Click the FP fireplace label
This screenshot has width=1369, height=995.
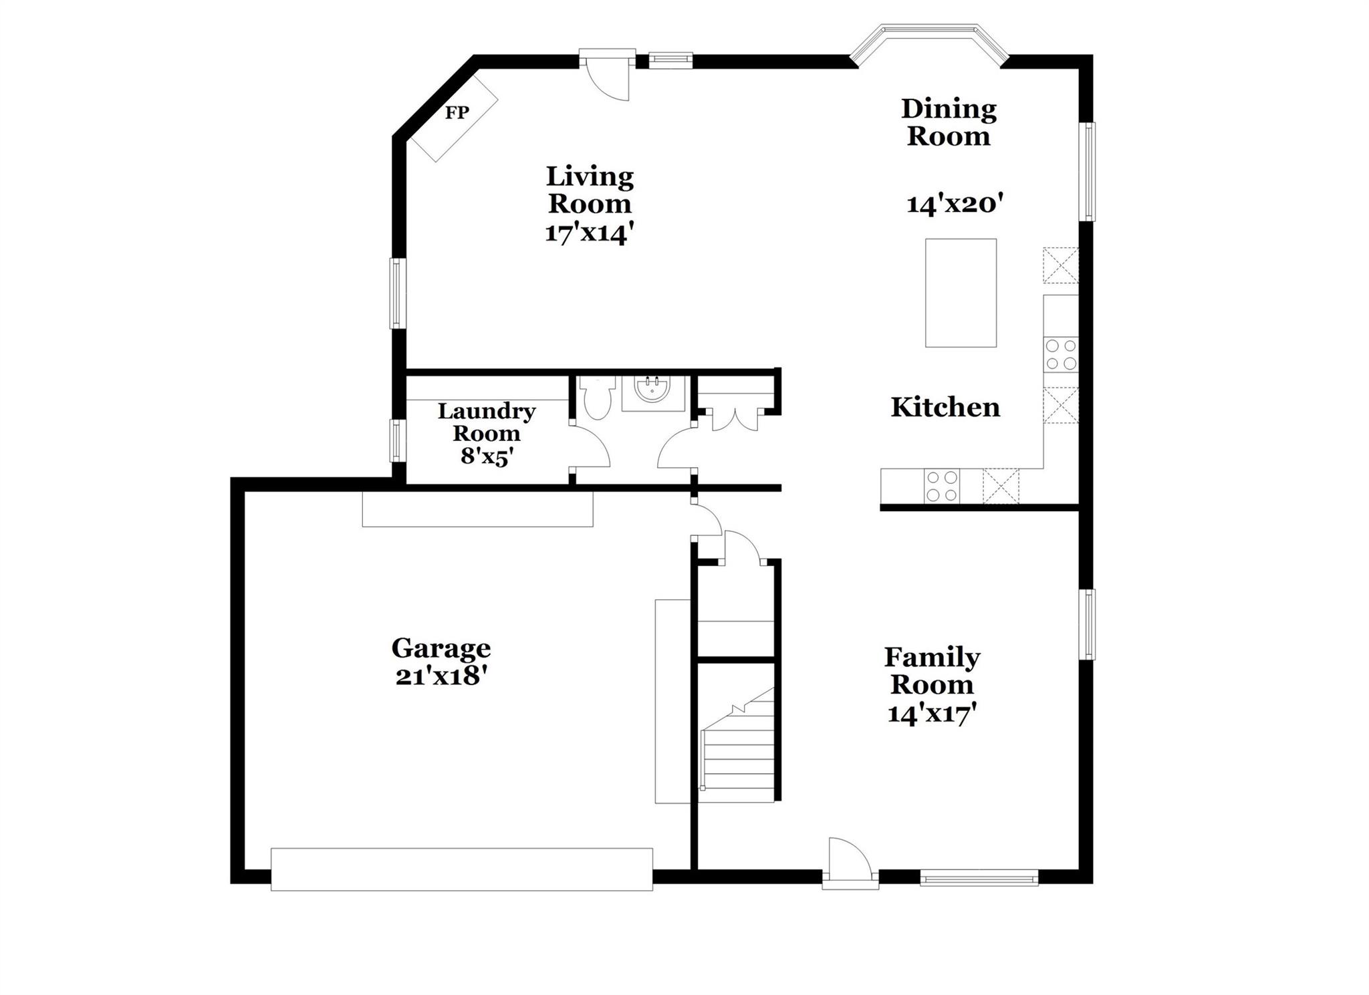click(x=457, y=112)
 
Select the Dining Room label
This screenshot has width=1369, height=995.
click(x=948, y=122)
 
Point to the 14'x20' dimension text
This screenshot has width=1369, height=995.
click(x=955, y=204)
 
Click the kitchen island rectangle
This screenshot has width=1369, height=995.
click(x=960, y=293)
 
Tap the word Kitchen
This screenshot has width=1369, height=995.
click(x=945, y=407)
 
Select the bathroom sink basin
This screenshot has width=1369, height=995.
click(x=652, y=390)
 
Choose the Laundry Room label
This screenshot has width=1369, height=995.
click(x=486, y=422)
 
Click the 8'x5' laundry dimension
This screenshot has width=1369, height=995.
click(x=487, y=456)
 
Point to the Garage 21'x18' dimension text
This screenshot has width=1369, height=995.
click(x=440, y=676)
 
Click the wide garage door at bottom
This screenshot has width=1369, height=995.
click(x=461, y=869)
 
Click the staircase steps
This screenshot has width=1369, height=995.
click(x=738, y=755)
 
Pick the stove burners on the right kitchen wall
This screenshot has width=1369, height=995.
click(x=1061, y=355)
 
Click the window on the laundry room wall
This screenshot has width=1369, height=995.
click(x=398, y=440)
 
